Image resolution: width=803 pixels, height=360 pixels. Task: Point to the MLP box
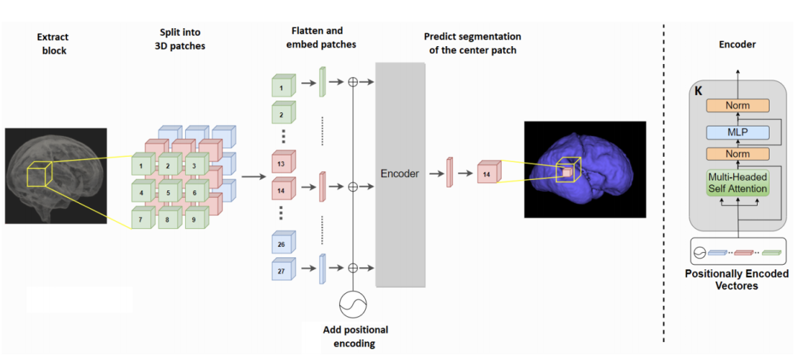point(738,132)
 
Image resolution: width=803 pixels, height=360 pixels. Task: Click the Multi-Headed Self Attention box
point(738,182)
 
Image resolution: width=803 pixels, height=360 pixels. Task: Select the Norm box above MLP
point(738,106)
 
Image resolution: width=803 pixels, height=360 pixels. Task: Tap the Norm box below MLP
point(738,154)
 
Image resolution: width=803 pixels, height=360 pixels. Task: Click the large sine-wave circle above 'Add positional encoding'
point(353,304)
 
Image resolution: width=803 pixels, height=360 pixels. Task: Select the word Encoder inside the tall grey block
point(400,173)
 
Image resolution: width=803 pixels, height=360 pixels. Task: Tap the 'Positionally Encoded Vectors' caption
point(737,280)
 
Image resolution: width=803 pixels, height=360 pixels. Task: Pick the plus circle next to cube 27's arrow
point(352,268)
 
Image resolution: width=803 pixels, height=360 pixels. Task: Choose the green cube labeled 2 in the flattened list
point(283,112)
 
